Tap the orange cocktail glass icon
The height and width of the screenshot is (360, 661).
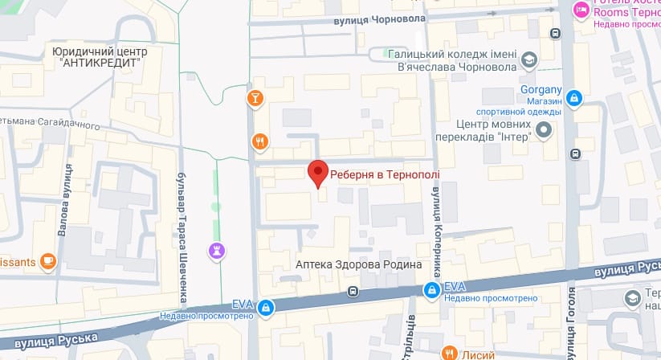pos(255,98)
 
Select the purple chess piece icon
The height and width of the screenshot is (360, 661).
pos(216,250)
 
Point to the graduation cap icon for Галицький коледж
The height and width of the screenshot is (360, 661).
pos(529,59)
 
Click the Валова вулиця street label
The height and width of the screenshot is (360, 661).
pos(65,199)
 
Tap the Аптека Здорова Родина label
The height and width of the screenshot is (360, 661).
pos(358,264)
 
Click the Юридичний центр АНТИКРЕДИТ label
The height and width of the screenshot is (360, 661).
pos(100,56)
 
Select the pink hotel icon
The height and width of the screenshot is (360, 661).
pos(581,10)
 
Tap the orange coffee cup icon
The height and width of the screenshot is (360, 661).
pos(47,260)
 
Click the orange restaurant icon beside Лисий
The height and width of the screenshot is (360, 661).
pos(448,352)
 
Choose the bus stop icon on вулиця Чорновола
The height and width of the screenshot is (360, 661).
pos(555,33)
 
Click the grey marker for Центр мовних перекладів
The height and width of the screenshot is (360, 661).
pos(544,129)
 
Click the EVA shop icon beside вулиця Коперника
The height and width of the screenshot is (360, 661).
pos(432,289)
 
